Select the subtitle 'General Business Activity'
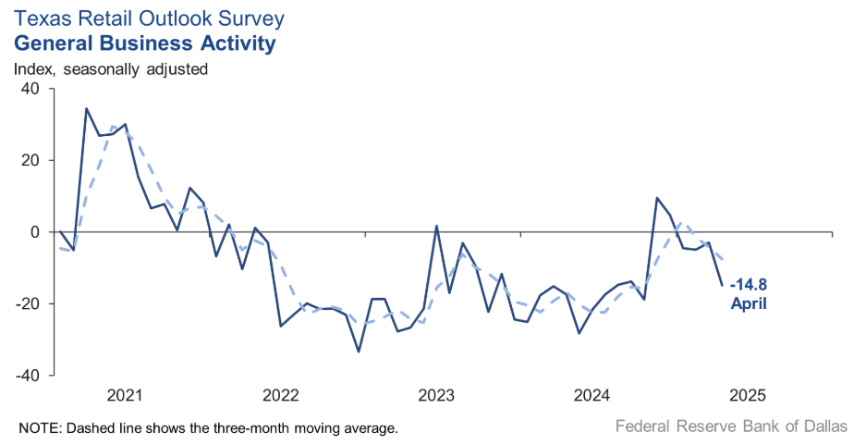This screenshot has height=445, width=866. (144, 43)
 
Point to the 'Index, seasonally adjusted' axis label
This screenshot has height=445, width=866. (110, 68)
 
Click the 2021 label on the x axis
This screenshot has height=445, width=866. (125, 396)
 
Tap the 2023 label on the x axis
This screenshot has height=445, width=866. (435, 396)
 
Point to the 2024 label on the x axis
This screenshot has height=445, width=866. (592, 396)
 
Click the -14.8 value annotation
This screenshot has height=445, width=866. (749, 285)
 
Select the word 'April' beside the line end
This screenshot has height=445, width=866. (748, 303)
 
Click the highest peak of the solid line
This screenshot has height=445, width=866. (86, 108)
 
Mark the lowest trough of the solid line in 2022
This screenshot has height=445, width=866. (359, 352)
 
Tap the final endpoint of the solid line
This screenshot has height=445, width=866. (722, 285)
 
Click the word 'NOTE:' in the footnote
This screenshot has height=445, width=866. (39, 428)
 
